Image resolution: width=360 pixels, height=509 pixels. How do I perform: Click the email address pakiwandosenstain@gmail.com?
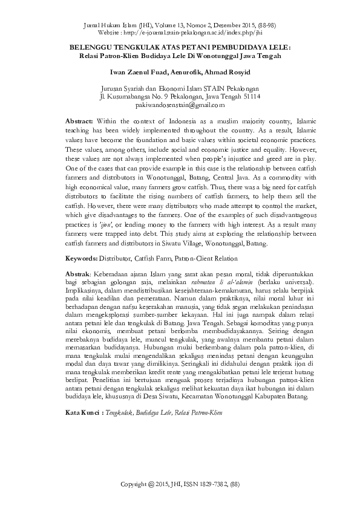pos(181,105)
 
